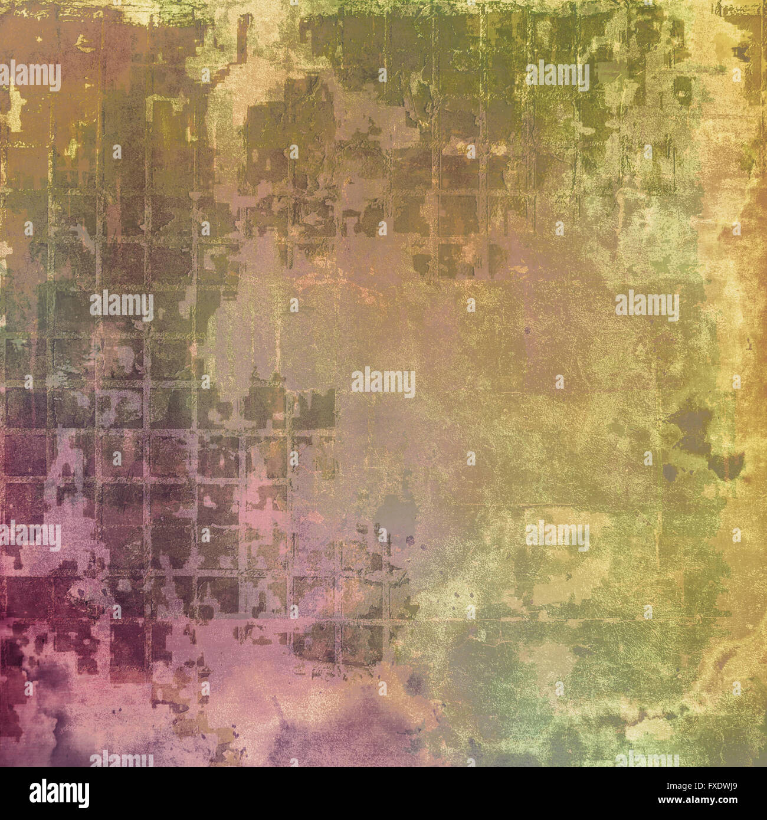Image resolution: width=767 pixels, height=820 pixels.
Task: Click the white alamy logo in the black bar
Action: coord(60,793)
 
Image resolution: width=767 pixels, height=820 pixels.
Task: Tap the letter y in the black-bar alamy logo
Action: coord(83,796)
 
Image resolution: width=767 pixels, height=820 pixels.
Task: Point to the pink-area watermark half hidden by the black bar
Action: coord(122,760)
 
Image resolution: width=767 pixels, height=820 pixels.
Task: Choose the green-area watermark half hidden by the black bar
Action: coord(647,760)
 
